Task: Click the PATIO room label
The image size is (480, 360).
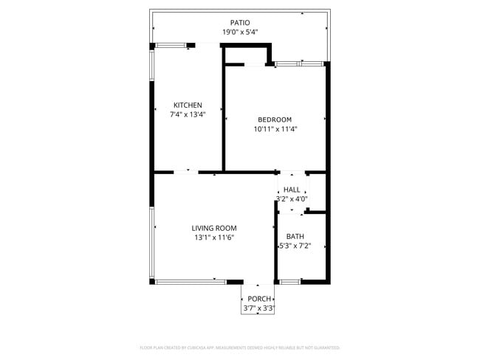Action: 239,23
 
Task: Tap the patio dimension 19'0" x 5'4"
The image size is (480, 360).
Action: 239,32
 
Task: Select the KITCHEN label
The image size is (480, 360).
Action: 188,105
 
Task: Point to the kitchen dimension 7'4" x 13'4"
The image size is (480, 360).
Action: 188,114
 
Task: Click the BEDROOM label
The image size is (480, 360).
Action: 275,120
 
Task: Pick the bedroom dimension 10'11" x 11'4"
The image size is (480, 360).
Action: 275,129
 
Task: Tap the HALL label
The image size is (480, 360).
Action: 292,190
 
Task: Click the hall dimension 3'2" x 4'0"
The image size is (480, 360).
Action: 292,198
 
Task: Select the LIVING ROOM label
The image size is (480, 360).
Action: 213,229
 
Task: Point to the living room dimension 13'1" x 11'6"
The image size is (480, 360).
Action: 213,238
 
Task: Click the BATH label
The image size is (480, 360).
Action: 295,237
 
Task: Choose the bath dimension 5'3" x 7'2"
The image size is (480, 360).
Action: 295,246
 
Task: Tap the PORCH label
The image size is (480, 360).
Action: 258,299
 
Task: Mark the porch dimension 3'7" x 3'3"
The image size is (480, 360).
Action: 258,308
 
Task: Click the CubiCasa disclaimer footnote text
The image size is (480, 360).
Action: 239,347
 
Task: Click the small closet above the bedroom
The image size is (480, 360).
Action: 247,56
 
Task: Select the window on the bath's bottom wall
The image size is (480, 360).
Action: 290,281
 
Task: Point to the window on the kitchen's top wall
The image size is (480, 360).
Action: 172,46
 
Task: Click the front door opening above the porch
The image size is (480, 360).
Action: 258,283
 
